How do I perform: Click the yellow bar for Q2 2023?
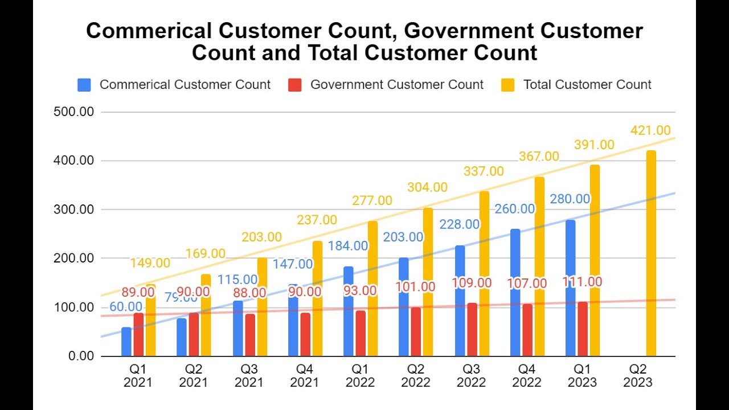(650, 253)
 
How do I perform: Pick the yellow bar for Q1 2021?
(150, 320)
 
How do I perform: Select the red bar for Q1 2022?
(361, 333)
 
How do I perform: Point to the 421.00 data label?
(650, 131)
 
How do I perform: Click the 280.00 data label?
(570, 199)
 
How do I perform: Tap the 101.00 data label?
(415, 287)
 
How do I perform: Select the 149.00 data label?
(150, 263)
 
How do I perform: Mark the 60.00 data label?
(126, 307)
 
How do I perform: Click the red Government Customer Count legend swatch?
(294, 85)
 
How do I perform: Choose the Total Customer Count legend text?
(587, 85)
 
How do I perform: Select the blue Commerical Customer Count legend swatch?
(84, 85)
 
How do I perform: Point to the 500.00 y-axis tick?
(73, 112)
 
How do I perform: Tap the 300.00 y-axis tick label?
(73, 210)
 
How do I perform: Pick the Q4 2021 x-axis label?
(305, 375)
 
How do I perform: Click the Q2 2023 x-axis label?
(638, 375)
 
